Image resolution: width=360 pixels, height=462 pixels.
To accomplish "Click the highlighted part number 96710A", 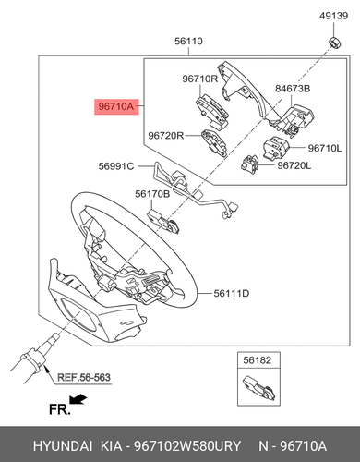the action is coord(116,106).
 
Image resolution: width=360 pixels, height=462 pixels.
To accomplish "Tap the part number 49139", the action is coord(333,16).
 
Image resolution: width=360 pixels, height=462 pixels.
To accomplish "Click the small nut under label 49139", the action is coord(334,42).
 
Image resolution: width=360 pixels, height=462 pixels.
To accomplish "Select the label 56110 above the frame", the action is coord(188,41).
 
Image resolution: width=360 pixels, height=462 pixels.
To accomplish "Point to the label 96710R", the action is coord(200,79).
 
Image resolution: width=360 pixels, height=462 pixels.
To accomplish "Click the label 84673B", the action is coord(293,89).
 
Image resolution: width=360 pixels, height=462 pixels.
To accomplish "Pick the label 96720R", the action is coord(166,136).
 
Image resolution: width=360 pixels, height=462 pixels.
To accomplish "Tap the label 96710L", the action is coord(325,149).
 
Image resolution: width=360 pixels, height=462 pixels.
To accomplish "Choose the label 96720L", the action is coord(294,165).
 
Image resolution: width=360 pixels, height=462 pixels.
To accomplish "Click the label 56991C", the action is coord(116,166).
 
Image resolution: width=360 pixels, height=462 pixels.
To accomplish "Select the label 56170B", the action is coord(152,194).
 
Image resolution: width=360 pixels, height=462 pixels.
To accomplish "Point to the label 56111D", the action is coord(232,294).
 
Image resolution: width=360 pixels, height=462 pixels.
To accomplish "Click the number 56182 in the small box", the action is coord(258,360).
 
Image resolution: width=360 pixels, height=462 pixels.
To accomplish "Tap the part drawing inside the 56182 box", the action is coord(259,388).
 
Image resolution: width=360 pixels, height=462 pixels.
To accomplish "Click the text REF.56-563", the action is coord(84,377).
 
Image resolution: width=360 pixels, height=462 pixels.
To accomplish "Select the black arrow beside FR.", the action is coord(78,399).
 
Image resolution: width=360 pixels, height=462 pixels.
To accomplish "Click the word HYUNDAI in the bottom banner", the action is coord(63,446).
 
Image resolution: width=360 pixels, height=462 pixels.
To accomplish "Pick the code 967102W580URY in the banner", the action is coord(188,446).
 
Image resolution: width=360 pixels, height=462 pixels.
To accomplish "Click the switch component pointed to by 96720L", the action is coord(249,164).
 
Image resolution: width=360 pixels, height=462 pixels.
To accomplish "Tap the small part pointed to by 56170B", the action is coord(164,221).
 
